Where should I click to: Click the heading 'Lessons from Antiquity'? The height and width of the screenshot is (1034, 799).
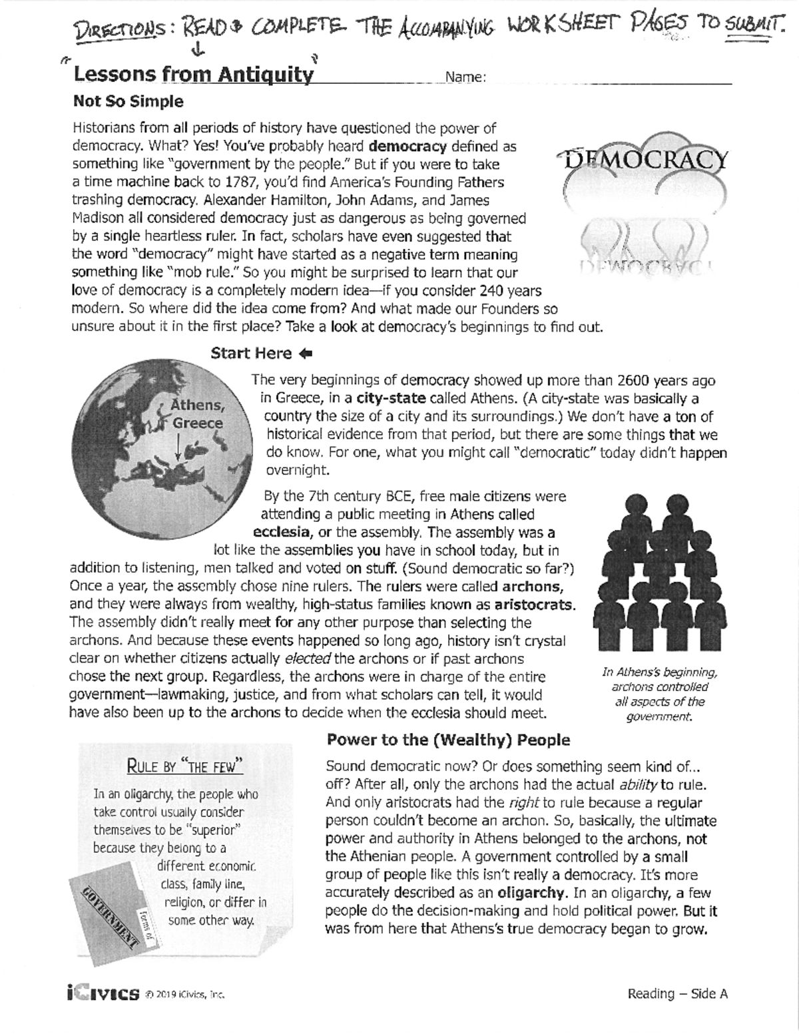pos(192,75)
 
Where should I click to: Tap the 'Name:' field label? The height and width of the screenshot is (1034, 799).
pos(465,77)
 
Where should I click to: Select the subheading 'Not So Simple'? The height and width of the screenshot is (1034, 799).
pos(128,102)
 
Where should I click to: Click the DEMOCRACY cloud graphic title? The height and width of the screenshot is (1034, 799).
pos(645,160)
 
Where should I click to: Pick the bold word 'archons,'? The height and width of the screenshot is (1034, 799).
pos(532,587)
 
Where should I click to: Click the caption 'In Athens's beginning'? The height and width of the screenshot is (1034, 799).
pos(659,672)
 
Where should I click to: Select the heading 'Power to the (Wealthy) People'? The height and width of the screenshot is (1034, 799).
pos(448,740)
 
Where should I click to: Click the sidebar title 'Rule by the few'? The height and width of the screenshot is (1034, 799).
pos(185,766)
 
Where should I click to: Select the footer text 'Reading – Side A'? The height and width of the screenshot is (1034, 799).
pos(677,994)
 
